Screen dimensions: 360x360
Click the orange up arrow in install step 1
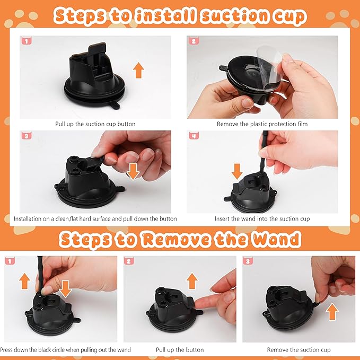click(138, 69)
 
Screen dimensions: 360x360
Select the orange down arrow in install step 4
click(237, 171)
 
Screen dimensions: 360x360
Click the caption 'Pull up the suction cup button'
click(95, 124)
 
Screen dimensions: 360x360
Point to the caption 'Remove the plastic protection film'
click(262, 124)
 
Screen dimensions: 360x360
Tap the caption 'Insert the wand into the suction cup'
click(262, 218)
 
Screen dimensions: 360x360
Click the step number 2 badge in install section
click(194, 41)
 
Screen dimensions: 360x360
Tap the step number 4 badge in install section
click(194, 135)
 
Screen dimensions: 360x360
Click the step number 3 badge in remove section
click(248, 261)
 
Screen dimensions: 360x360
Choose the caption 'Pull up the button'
click(180, 350)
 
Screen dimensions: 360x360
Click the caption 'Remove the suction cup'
click(298, 350)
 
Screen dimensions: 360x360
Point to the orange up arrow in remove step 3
click(332, 312)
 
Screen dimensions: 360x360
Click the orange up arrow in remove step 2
click(192, 280)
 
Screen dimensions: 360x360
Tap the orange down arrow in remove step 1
click(65, 289)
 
